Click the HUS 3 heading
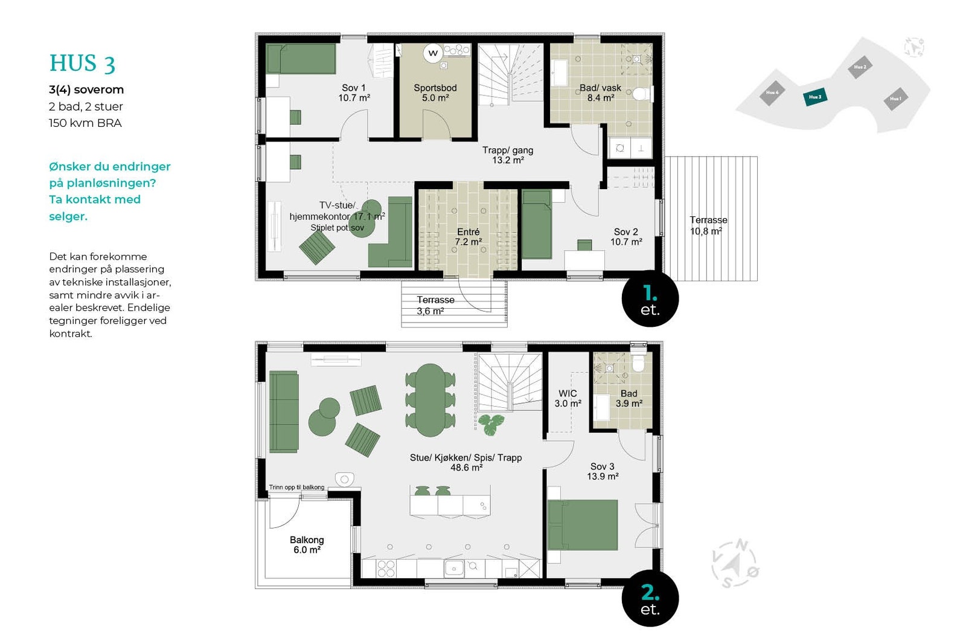tap(82, 63)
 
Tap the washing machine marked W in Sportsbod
tap(433, 53)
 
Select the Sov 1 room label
tap(354, 92)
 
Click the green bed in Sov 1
tap(301, 59)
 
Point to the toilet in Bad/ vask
tap(642, 94)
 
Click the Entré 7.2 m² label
tap(468, 237)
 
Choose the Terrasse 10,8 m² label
tap(708, 225)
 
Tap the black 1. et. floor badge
tap(650, 299)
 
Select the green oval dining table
tap(430, 399)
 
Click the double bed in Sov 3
tap(583, 524)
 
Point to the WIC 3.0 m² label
tap(568, 398)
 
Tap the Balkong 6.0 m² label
tap(307, 544)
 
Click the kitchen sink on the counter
tap(454, 567)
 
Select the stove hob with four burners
tap(386, 568)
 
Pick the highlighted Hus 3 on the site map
tap(815, 97)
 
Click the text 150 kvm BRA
tap(85, 123)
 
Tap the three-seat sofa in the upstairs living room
tap(283, 412)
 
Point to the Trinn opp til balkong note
tap(296, 487)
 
